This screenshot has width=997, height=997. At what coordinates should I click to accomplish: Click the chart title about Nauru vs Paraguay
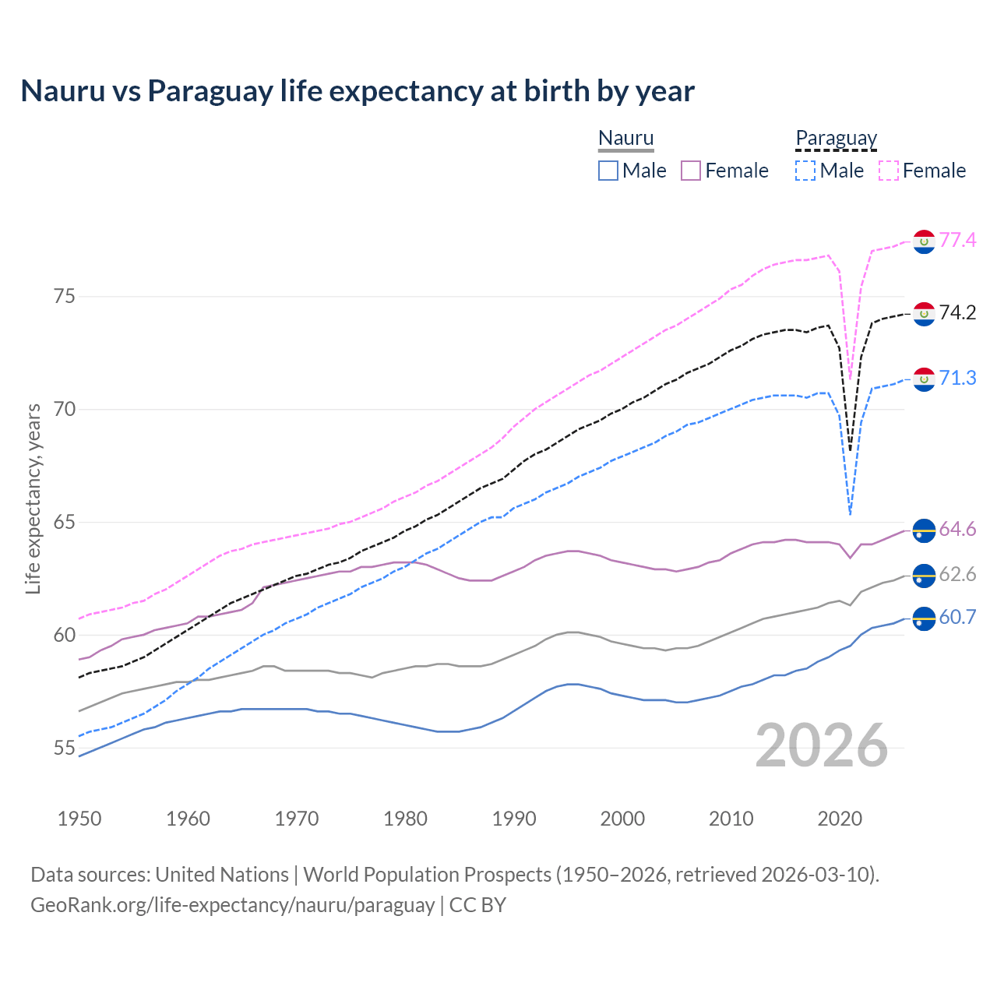coord(358,91)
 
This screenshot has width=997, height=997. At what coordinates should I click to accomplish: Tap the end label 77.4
coord(957,240)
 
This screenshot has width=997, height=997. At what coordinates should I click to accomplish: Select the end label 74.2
coord(957,312)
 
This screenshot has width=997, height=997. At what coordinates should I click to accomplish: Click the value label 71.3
coord(957,378)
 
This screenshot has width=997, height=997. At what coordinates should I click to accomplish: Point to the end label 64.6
coord(957,529)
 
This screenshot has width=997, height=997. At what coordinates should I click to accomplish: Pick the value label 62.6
coord(957,574)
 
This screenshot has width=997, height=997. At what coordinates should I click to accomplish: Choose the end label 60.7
coord(957,617)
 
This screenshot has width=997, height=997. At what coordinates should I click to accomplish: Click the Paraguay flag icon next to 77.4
coord(924,241)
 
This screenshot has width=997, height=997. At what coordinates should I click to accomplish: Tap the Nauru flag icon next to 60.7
coord(924,618)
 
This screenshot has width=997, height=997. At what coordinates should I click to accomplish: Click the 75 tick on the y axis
coord(65,297)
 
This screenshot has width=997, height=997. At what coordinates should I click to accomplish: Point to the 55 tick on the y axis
coord(65,749)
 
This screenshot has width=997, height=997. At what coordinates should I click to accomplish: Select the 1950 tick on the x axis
coord(79,819)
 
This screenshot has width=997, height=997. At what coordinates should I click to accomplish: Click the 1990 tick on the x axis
coord(514,819)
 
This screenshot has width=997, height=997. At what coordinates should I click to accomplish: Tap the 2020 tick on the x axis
coord(840,819)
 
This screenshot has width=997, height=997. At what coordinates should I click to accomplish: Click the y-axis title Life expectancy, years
coord(33,498)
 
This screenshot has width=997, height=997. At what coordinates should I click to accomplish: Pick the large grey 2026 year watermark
coord(821,745)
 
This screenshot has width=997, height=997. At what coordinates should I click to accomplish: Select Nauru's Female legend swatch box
coord(691,171)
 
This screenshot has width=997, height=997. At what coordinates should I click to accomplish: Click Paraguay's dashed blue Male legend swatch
coord(805,171)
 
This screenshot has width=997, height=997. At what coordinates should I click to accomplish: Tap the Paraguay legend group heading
coord(836,139)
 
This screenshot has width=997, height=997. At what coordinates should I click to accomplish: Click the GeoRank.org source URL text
coord(232,905)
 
